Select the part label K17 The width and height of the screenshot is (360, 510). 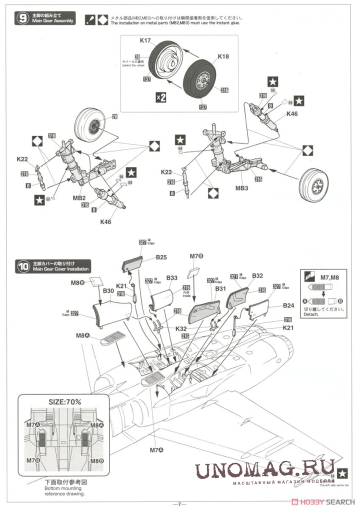pos(145,41)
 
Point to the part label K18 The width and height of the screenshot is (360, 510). pos(223,56)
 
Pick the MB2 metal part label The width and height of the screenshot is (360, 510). pos(79,198)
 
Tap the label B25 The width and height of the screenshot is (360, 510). pos(161,257)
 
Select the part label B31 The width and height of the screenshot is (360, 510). pos(220,288)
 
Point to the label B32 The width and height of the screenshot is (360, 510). pos(257,275)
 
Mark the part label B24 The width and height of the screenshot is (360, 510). pos(288,305)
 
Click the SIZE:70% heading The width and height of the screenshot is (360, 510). pos(64,401)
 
